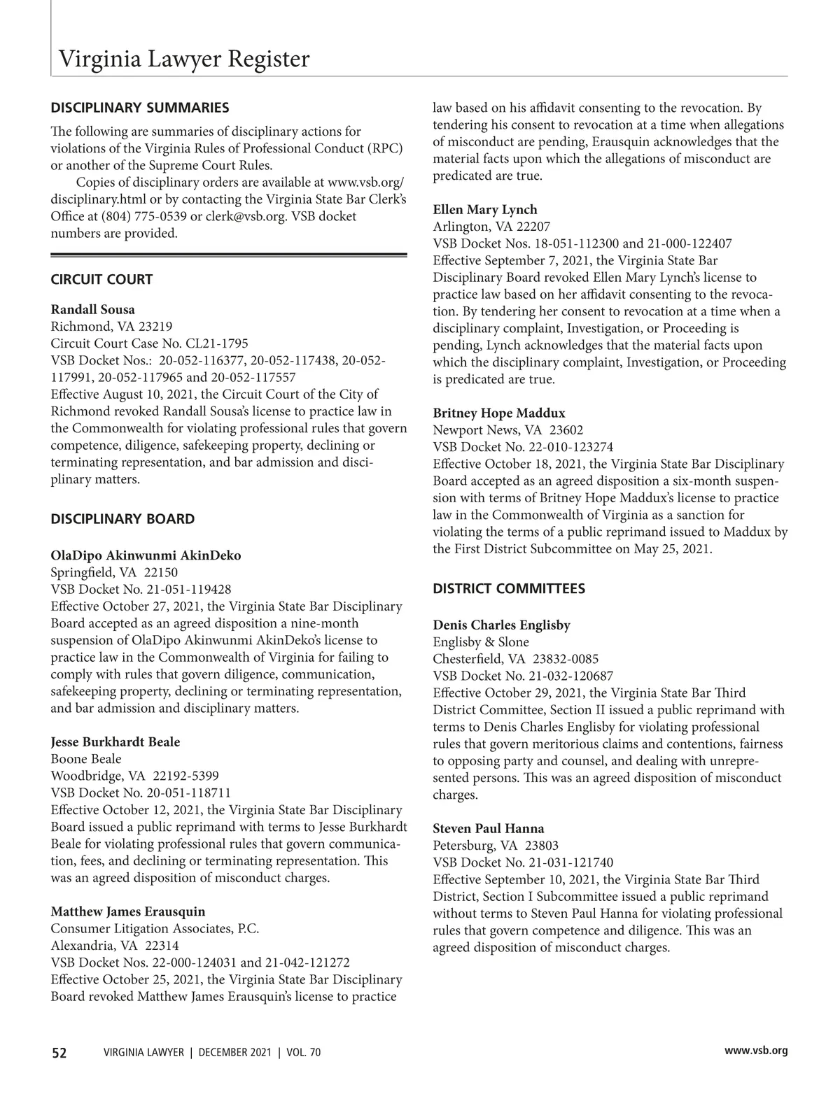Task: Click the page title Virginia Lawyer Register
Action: (x=183, y=59)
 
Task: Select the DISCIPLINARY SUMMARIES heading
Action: (x=140, y=108)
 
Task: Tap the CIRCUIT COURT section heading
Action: (x=101, y=280)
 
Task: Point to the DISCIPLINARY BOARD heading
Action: (x=122, y=519)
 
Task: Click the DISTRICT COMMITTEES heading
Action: (x=509, y=589)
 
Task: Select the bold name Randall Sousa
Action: (x=93, y=310)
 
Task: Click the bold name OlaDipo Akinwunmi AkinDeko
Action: (x=146, y=556)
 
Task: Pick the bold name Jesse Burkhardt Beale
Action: (x=115, y=742)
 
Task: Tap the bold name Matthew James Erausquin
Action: (x=128, y=912)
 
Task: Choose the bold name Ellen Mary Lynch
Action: (x=485, y=210)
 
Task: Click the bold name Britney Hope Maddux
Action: (x=499, y=413)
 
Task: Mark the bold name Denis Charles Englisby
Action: (x=501, y=625)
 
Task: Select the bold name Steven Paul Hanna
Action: (x=489, y=829)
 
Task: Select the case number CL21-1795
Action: (x=216, y=344)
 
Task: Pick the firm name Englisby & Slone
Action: (x=481, y=642)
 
